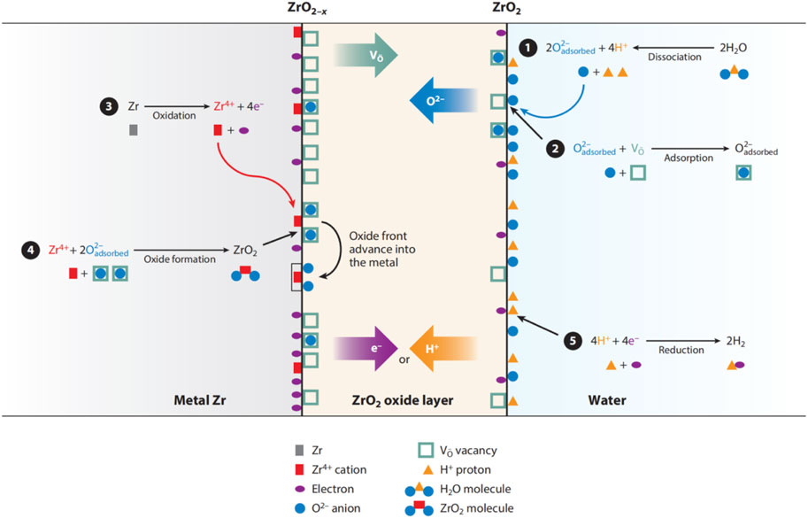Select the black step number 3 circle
(108, 107)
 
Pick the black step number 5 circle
(573, 341)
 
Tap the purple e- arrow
(372, 347)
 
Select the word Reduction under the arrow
(681, 351)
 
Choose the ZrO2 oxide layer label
(404, 401)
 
